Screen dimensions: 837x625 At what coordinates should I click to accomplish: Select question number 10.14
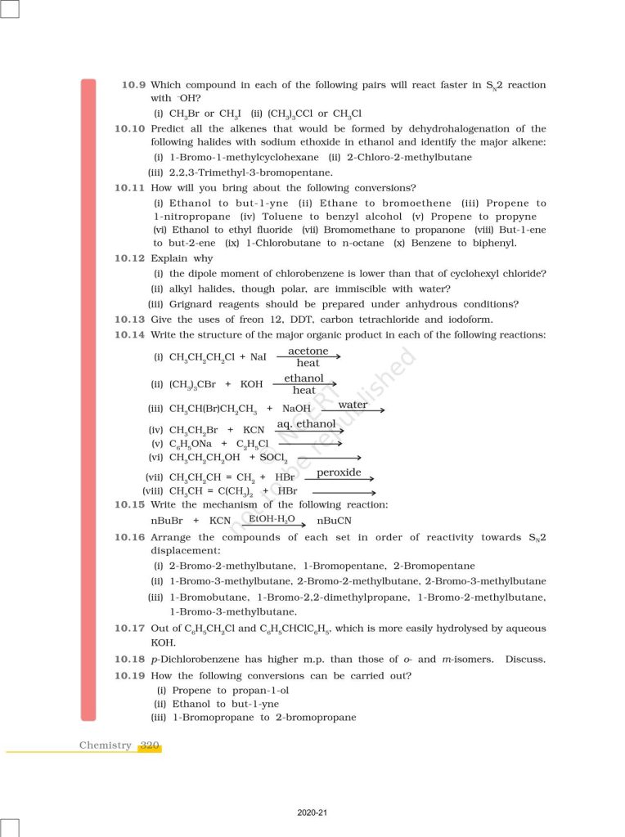pos(129,334)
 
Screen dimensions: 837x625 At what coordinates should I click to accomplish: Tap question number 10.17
pos(129,629)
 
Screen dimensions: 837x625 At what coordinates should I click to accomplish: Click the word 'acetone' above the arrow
pos(308,351)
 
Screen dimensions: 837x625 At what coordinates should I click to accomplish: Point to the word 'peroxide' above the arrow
pos(339,472)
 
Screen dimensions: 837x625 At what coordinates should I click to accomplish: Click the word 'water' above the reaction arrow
pos(353,405)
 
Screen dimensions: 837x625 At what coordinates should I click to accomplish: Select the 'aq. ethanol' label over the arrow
pos(306,424)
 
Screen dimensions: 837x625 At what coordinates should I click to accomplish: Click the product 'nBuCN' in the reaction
pos(334,521)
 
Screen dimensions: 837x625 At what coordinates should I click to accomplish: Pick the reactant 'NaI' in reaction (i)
pos(258,357)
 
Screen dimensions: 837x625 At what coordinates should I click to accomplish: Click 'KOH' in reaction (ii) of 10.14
pos(252,384)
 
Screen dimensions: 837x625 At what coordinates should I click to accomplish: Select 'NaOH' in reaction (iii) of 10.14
pos(297,409)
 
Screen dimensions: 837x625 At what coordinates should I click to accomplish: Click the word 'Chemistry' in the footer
pos(105,745)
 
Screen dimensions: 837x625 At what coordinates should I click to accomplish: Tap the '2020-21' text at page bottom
pos(312,813)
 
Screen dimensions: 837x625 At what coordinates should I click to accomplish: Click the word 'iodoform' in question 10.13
pos(470,320)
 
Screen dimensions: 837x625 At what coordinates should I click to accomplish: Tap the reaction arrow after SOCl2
pos(331,458)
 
